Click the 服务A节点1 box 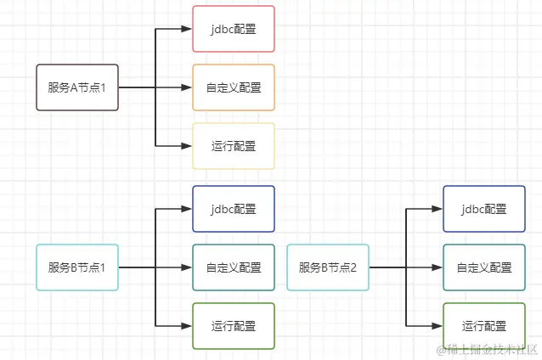click(77, 87)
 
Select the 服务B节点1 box click(77, 267)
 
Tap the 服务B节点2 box click(328, 267)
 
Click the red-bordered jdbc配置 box click(234, 28)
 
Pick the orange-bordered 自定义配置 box click(234, 87)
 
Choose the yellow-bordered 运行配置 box click(234, 146)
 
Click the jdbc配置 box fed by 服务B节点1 click(234, 209)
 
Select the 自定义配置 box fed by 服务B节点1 click(234, 267)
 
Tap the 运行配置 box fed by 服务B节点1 click(234, 325)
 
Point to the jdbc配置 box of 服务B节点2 click(484, 209)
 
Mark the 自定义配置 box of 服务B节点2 click(484, 267)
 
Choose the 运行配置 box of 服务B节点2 click(484, 325)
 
